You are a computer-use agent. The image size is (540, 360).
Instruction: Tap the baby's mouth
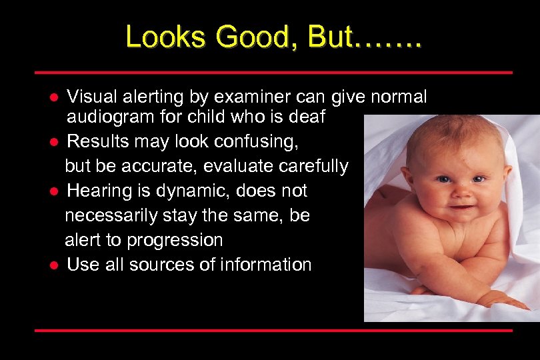461,209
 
